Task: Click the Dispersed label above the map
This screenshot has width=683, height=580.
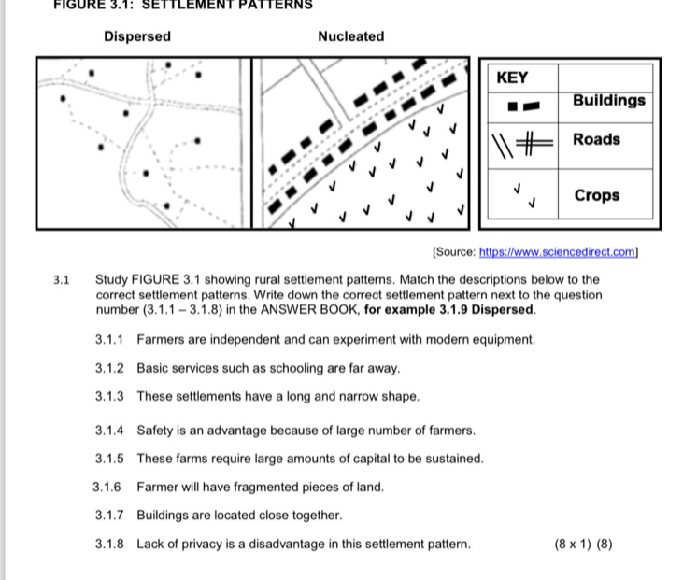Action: coord(137,36)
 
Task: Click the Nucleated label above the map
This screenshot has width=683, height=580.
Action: coord(350,36)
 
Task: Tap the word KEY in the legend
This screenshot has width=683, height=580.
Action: coord(512,78)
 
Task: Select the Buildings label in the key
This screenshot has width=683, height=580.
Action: coord(609,100)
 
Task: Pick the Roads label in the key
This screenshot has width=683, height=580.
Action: coord(596,139)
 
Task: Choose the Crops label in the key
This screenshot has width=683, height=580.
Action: coord(596,195)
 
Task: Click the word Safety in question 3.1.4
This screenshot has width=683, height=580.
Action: coord(155,431)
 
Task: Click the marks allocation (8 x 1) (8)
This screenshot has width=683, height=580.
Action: coord(583,544)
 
